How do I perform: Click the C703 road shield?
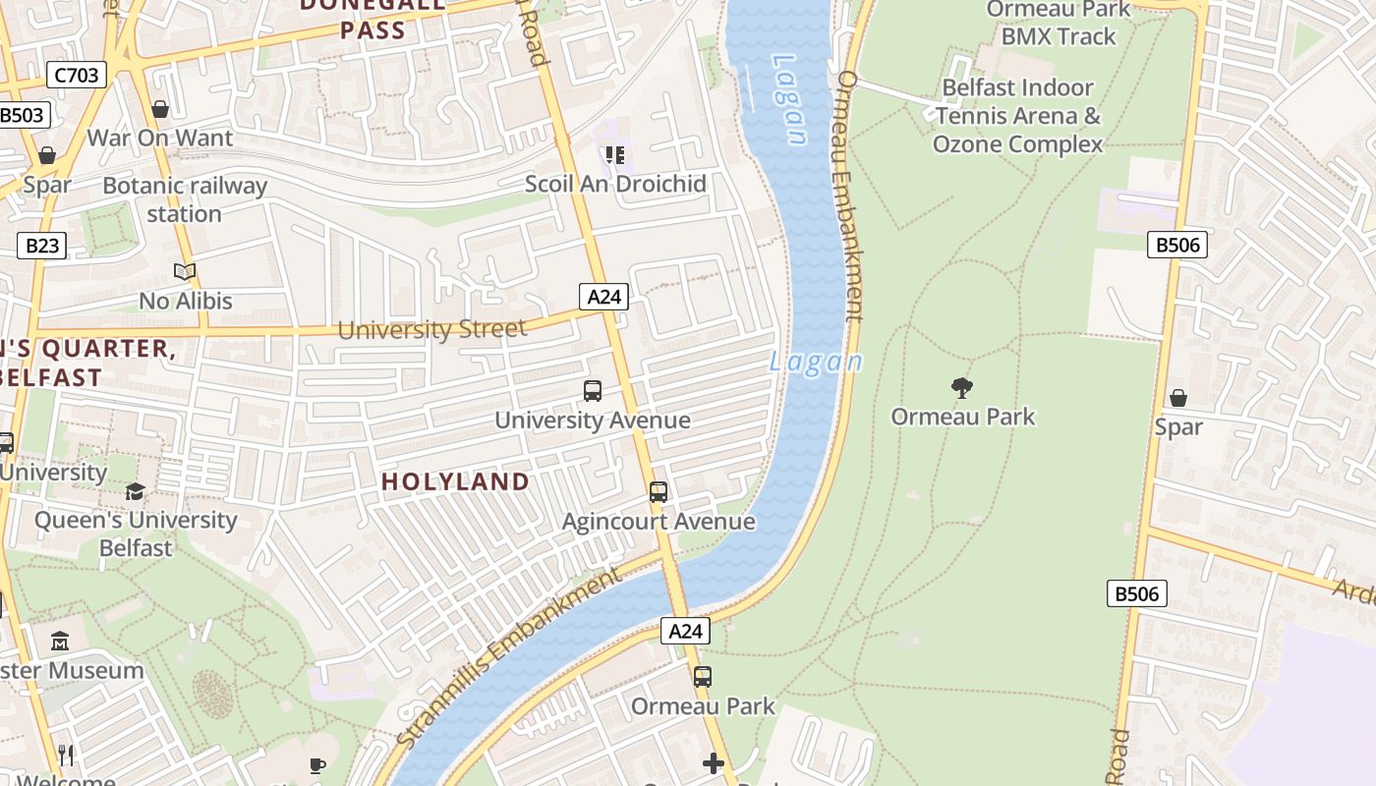point(76,74)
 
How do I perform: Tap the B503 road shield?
point(21,115)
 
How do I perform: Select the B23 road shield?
point(41,245)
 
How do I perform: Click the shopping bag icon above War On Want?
point(160,108)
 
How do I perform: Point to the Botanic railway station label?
point(185,199)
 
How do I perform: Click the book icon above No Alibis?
point(185,271)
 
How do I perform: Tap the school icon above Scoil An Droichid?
point(615,154)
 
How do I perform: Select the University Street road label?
point(431,329)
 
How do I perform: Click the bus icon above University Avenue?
point(593,391)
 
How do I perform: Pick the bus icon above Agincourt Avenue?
point(659,492)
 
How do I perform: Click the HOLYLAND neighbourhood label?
point(455,481)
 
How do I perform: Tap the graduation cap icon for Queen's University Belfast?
point(135,491)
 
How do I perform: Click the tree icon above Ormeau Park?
point(962,387)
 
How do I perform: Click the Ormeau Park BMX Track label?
point(1058,24)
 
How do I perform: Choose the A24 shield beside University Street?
point(602,297)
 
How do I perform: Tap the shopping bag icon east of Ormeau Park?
point(1177,398)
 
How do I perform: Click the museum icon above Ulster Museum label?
point(60,641)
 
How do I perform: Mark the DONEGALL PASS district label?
point(373,17)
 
